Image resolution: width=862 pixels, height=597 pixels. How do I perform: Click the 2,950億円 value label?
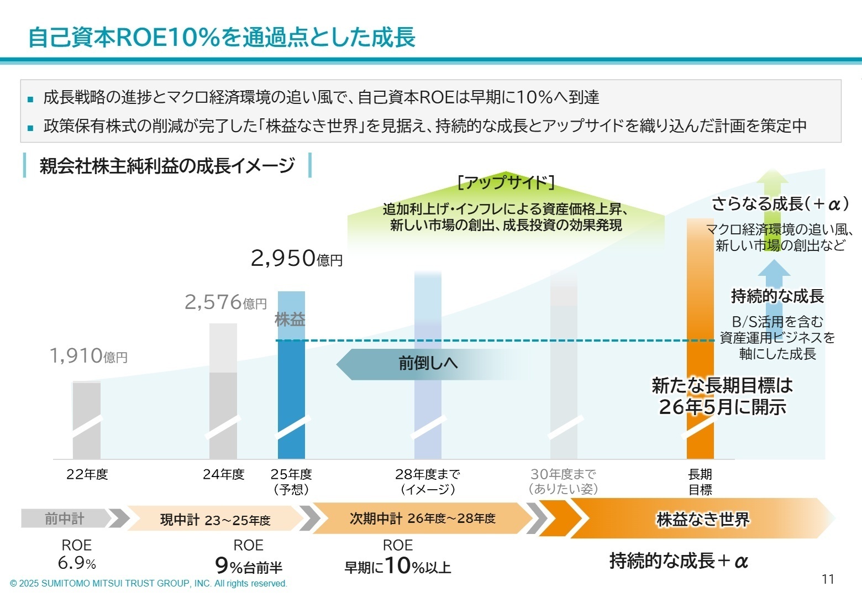(x=296, y=258)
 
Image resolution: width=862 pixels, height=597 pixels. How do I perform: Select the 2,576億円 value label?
(x=225, y=302)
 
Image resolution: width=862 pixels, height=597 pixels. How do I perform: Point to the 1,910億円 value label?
(x=88, y=356)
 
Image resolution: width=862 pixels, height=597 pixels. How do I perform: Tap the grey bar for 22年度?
(x=87, y=420)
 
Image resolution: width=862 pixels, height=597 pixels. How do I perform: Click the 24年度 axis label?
(x=223, y=474)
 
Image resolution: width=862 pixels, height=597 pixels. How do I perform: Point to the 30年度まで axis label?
(x=563, y=481)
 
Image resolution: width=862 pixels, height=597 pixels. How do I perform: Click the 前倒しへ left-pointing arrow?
(x=420, y=364)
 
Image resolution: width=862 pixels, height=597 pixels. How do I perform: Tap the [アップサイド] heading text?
(x=506, y=182)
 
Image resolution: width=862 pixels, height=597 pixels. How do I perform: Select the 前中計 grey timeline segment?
(x=65, y=519)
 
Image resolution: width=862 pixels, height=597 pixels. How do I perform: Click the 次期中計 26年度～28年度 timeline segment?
(x=423, y=519)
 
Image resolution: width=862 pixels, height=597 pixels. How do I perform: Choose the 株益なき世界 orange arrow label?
(x=702, y=520)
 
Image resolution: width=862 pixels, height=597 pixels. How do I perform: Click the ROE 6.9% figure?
(x=77, y=555)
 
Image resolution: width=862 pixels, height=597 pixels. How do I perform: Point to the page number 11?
(x=827, y=579)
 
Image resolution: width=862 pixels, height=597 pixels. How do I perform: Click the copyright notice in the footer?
(x=149, y=583)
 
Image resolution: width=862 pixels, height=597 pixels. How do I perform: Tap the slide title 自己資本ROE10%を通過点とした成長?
(x=222, y=38)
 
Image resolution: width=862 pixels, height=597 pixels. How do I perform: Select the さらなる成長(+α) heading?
(x=779, y=204)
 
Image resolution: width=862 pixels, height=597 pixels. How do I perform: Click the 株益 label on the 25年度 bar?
(x=290, y=320)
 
